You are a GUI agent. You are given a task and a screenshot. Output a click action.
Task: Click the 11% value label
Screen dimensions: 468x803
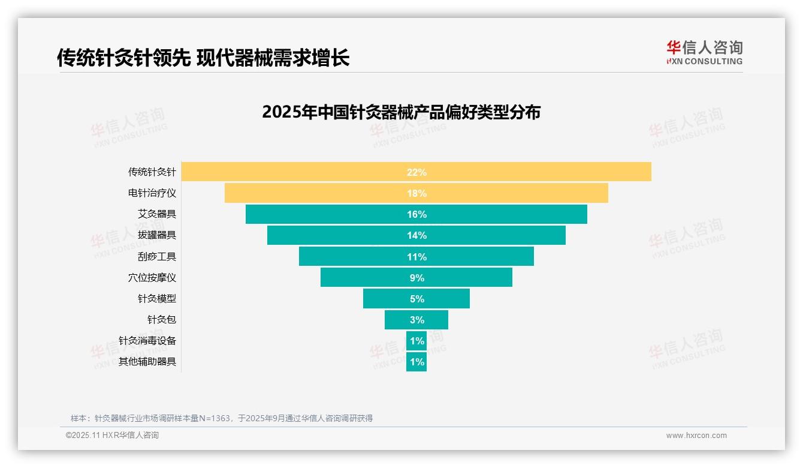(x=416, y=257)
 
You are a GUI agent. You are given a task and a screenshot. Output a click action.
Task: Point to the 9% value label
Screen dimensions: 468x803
(x=416, y=278)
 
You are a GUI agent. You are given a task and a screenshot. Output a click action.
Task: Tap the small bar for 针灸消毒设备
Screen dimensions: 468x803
(x=416, y=341)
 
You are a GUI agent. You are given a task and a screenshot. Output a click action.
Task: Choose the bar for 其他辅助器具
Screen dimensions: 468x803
(x=416, y=362)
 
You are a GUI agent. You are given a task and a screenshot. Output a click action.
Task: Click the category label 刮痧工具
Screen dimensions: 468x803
(x=157, y=257)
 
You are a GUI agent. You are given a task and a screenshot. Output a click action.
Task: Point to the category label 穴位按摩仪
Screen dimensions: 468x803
(x=152, y=278)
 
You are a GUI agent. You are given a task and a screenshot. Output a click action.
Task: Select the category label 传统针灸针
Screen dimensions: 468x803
(x=152, y=172)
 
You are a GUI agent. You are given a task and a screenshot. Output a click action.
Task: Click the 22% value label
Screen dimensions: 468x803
(x=416, y=172)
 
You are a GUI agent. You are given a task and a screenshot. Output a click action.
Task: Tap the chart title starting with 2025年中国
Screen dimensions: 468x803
(x=401, y=112)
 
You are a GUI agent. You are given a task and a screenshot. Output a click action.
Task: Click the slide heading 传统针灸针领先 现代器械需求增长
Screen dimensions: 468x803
(x=203, y=58)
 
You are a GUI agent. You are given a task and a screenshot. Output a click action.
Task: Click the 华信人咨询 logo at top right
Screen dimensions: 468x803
(x=704, y=52)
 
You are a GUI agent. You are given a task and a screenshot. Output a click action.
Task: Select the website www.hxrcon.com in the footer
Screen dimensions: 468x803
(x=696, y=436)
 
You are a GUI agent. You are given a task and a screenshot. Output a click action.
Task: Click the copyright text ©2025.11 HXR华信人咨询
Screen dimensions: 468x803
(x=112, y=436)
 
